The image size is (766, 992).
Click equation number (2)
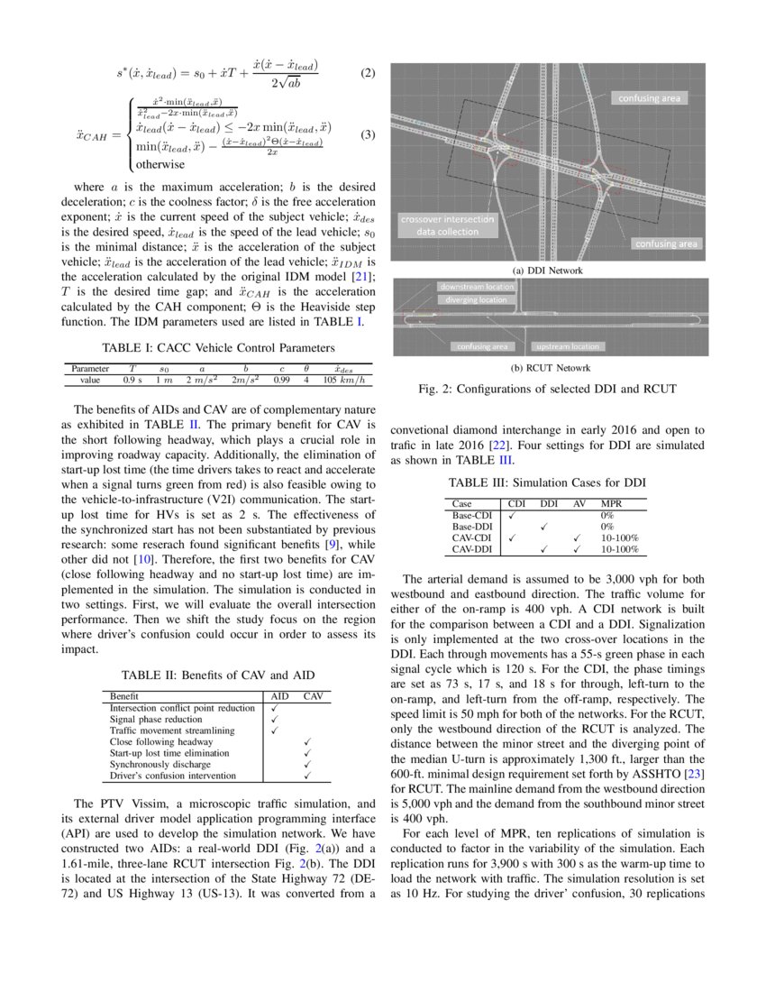point(367,72)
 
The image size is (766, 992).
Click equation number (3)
point(367,135)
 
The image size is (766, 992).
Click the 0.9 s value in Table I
point(132,381)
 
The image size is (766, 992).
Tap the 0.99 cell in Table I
point(282,381)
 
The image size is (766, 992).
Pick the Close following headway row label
point(149,741)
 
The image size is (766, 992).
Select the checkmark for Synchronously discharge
point(308,764)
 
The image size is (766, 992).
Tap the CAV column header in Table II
point(313,696)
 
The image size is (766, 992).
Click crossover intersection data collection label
point(448,225)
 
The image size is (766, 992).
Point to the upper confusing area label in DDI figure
point(648,97)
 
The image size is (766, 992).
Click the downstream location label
point(477,287)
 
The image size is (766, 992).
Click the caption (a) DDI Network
point(547,271)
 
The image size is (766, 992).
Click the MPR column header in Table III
point(611,503)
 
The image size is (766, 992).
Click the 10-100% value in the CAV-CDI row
point(619,537)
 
